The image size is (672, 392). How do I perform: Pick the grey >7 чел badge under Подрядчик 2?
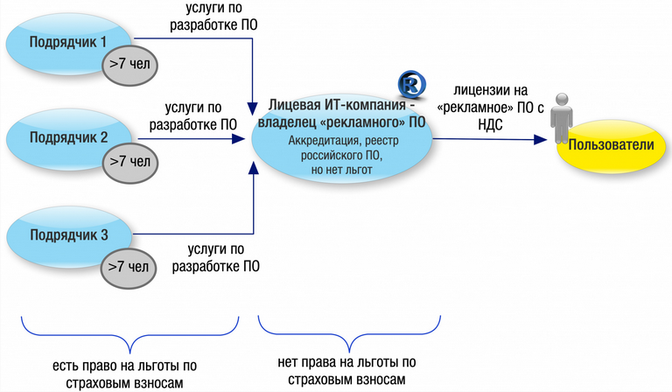pyautogui.click(x=128, y=163)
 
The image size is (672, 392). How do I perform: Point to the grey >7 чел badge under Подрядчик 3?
pyautogui.click(x=128, y=265)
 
